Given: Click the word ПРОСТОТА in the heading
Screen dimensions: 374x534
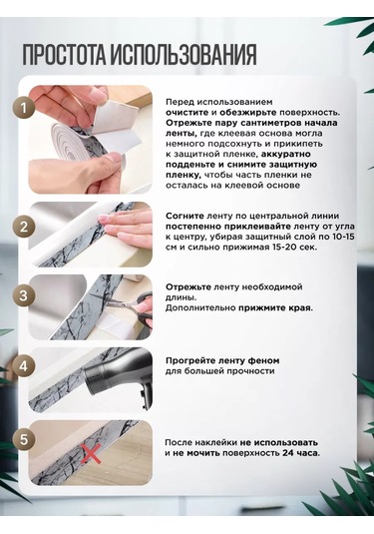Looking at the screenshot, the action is point(64,55).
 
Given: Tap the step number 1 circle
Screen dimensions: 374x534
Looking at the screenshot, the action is point(24,109).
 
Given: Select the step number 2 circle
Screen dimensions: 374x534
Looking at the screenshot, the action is point(24,227).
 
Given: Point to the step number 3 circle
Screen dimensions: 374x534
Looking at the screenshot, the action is point(24,295).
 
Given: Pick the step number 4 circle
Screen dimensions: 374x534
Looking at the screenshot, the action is point(24,366).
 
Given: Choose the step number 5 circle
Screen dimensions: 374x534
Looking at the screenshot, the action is point(24,439).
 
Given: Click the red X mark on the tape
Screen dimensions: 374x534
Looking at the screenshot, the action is point(91,453).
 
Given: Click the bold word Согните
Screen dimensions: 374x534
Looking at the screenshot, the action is point(185,216).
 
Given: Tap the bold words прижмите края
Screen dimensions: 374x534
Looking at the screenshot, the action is point(274,308).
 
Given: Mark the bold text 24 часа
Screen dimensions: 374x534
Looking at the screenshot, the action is point(301,453).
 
